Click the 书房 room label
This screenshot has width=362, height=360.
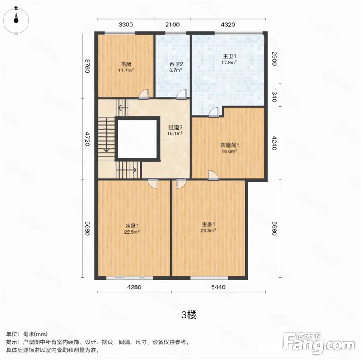(x=126, y=64)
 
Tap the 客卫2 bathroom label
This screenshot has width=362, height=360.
(x=176, y=64)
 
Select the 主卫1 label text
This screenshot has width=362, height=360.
(x=229, y=56)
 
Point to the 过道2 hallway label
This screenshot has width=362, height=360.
(x=175, y=127)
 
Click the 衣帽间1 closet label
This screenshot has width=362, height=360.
(x=229, y=145)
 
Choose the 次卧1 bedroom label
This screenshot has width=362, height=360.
(x=132, y=226)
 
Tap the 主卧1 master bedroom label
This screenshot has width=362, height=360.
(x=208, y=224)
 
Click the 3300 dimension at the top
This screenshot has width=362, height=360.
(x=126, y=25)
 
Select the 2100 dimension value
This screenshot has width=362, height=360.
(x=172, y=25)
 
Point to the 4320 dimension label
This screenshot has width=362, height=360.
(x=228, y=25)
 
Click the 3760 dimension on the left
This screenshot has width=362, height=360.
(x=87, y=66)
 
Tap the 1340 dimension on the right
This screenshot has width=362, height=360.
(x=274, y=95)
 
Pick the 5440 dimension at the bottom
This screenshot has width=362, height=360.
(x=218, y=287)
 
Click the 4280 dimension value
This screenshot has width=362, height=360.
(x=134, y=287)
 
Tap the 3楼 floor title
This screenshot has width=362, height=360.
(x=189, y=315)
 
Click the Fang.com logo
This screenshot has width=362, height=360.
(x=319, y=343)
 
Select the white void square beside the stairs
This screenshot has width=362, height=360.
(x=138, y=138)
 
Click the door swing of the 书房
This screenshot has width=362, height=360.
(x=144, y=94)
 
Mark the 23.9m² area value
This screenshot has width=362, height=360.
(x=208, y=231)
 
